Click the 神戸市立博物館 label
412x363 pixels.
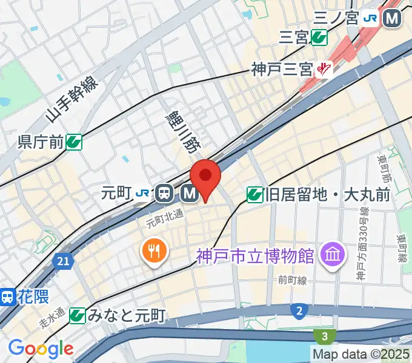(255, 256)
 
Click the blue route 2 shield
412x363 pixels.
(298, 312)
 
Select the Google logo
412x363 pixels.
(41, 348)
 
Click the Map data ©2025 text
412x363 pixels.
(361, 353)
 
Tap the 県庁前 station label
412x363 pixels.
(41, 142)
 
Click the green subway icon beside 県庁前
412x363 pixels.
(75, 142)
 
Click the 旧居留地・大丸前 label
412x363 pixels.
(328, 195)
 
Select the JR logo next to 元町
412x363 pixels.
(143, 194)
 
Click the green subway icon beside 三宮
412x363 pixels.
(319, 38)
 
